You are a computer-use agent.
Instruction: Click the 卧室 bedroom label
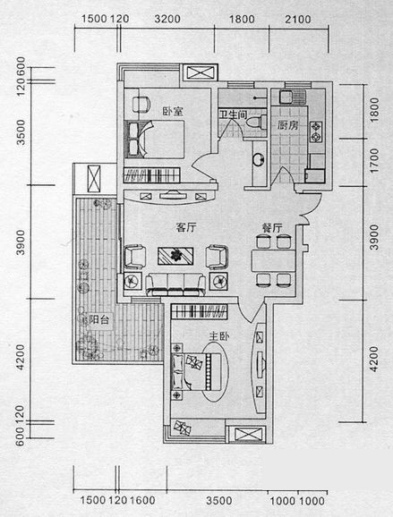pos(173,111)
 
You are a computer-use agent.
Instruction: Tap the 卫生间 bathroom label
pos(234,114)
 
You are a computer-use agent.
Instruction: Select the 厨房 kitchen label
pos(287,125)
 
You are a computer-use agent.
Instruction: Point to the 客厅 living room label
pos(186,227)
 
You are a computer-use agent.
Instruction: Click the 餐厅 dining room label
pos(272,227)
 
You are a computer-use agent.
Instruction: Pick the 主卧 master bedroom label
pos(218,336)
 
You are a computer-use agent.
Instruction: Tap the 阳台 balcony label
pos(99,319)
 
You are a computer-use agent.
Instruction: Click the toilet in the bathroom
pos(257,122)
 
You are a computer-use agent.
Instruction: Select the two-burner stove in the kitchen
pos(316,131)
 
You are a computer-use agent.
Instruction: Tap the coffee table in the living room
pos(175,256)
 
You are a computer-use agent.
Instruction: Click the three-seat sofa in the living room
pos(175,284)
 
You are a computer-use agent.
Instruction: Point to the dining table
pos(273,261)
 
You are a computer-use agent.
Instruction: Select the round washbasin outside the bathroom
pos(259,159)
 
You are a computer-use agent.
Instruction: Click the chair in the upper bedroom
pos(141,104)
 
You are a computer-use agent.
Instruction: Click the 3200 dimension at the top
pos(167,19)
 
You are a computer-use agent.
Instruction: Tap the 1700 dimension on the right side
pos(374,160)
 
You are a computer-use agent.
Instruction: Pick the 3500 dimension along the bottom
pos(219,501)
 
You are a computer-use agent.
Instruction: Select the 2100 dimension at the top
pos(298,19)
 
